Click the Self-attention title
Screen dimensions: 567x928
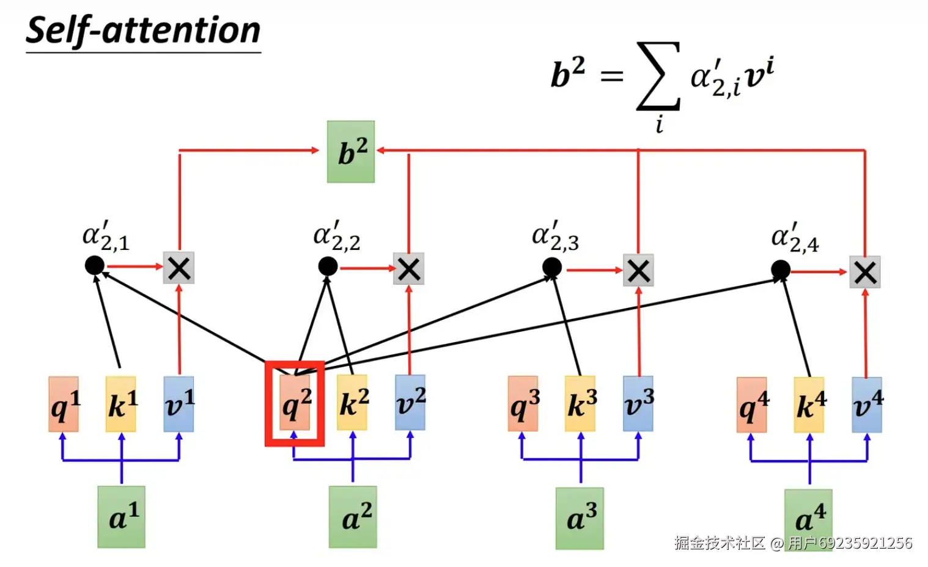tap(143, 31)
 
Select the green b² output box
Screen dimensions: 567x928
tap(351, 152)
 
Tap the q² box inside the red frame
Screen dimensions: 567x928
tap(295, 403)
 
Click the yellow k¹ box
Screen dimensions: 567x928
tap(121, 404)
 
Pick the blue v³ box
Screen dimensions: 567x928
tap(638, 403)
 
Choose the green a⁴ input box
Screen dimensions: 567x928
tap(808, 518)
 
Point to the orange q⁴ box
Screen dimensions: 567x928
tap(752, 404)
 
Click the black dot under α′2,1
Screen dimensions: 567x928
tap(94, 266)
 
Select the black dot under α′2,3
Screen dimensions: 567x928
tap(552, 267)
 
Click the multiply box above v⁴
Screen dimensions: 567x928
tap(865, 273)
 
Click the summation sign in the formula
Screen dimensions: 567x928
tap(658, 76)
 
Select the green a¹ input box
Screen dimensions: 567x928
tap(121, 517)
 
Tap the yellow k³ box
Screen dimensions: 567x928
tap(580, 403)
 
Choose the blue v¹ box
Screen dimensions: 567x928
tap(179, 404)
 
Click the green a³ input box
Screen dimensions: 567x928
tap(580, 518)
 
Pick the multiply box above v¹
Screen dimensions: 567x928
tap(179, 268)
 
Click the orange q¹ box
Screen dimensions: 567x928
tap(64, 404)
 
